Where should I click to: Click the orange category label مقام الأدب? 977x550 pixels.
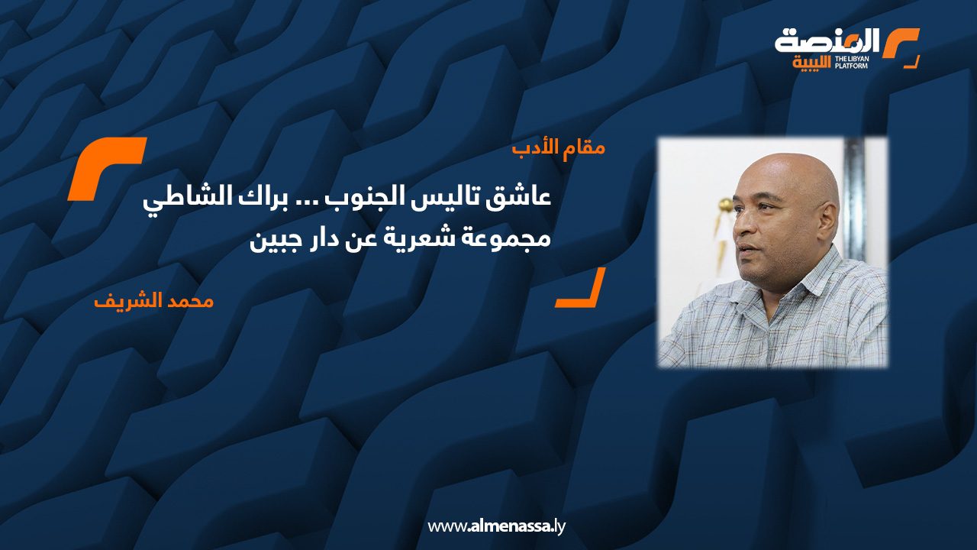point(559,149)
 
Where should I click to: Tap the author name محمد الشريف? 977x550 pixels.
point(154,302)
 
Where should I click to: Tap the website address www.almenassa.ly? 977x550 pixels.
point(496,526)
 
